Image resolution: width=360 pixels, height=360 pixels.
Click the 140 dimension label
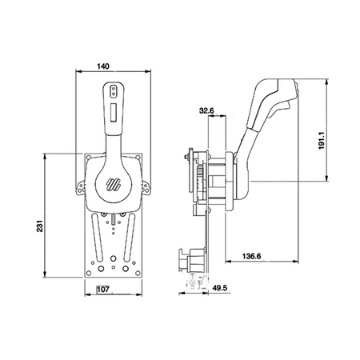tap(103, 66)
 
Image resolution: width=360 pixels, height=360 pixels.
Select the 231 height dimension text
tap(39, 226)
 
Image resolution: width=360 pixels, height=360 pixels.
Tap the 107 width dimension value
tap(103, 289)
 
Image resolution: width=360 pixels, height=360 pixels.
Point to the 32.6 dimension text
tap(206, 110)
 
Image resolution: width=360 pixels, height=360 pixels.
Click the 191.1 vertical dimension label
tap(322, 140)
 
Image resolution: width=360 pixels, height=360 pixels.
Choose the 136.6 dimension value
tap(251, 256)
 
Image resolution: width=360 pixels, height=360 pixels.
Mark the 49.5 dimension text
tap(219, 288)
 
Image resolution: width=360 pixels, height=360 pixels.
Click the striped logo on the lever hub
tap(114, 184)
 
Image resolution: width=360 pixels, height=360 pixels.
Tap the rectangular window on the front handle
tap(114, 112)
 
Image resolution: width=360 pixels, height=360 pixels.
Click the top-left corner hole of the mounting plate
tap(89, 158)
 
